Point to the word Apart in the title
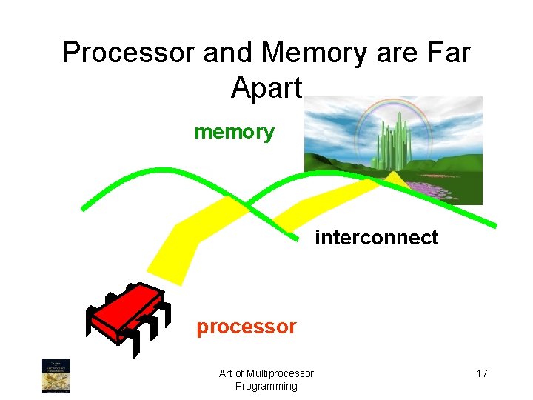[x=266, y=87]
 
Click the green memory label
[x=234, y=133]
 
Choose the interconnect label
[x=376, y=238]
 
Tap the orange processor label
[x=247, y=327]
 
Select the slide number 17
[x=481, y=373]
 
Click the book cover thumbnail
[x=56, y=376]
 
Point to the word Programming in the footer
[x=266, y=386]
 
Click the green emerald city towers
[x=392, y=141]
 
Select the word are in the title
[x=390, y=53]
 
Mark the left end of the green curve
[x=84, y=208]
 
